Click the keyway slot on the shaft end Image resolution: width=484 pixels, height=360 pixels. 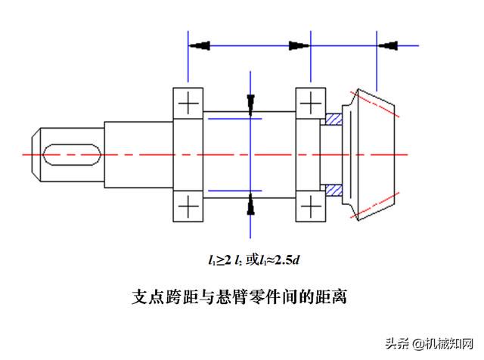(73, 154)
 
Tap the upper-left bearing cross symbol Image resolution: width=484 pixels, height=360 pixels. (188, 103)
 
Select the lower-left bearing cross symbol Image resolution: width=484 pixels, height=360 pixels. (188, 206)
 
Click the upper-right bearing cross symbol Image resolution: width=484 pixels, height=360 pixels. (311, 103)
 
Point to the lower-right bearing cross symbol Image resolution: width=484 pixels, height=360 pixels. (311, 206)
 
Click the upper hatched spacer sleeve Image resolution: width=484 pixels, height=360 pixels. (334, 119)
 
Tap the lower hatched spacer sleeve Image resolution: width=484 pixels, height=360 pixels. (334, 190)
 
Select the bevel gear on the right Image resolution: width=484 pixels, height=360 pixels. (368, 154)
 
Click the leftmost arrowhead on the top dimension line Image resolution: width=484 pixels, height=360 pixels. (200, 45)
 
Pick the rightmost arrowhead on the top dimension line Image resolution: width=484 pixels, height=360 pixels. (388, 45)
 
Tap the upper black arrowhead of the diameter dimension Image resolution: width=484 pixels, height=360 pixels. (250, 105)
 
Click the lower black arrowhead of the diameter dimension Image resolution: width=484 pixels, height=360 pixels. (250, 204)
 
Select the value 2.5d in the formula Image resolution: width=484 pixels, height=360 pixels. (287, 260)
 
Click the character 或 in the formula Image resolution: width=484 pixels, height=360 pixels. (252, 260)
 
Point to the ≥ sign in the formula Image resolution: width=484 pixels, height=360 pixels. (220, 261)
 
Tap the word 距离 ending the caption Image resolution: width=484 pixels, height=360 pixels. (330, 296)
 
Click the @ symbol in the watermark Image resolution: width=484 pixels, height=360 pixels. (418, 343)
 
